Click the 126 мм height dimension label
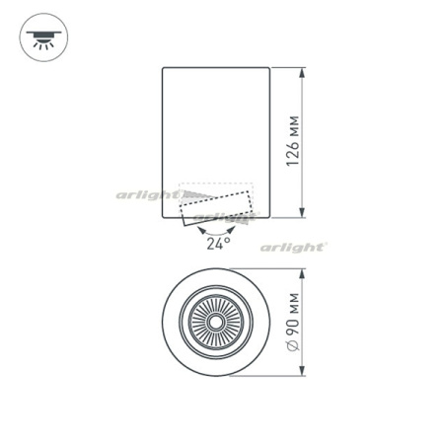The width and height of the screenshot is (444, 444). [293, 140]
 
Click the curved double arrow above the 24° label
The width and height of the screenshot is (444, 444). [217, 230]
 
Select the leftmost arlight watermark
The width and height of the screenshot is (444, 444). [147, 195]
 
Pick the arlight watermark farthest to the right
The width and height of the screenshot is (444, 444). [293, 247]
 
